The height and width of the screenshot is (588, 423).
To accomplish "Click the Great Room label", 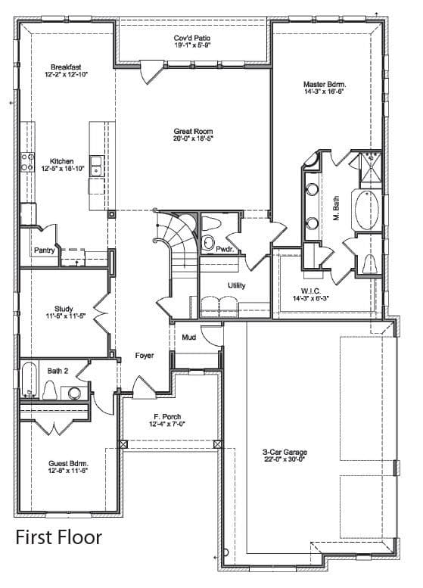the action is pos(193,132).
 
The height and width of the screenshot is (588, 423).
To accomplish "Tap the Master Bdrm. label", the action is pos(325,84).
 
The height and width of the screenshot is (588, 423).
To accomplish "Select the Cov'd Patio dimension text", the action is pos(192,45).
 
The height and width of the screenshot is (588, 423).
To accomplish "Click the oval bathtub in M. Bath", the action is pos(366,210).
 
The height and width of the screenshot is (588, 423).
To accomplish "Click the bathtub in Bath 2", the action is pos(29,378).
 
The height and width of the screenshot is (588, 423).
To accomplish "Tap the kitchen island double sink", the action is pos(96,166).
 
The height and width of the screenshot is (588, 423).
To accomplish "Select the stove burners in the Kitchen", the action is pos(27,162).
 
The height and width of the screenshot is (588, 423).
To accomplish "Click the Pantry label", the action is pos(44,250).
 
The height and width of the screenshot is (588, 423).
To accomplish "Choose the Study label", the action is pos(64,309).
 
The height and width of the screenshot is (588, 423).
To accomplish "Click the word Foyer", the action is pos(145,355).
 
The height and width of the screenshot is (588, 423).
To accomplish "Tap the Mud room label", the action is pos(189,338).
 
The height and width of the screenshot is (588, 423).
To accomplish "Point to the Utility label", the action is pos(237,285).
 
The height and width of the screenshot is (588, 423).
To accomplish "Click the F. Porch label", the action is pos(167,417).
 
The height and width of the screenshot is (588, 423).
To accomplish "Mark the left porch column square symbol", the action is pos(123,444).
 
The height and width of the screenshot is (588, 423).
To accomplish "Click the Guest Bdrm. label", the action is pos(69,463).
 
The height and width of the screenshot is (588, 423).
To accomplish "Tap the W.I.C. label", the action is pos(311,291).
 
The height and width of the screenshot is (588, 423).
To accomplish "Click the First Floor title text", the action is pos(58,537).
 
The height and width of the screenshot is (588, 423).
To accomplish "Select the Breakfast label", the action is pos(66,67).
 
